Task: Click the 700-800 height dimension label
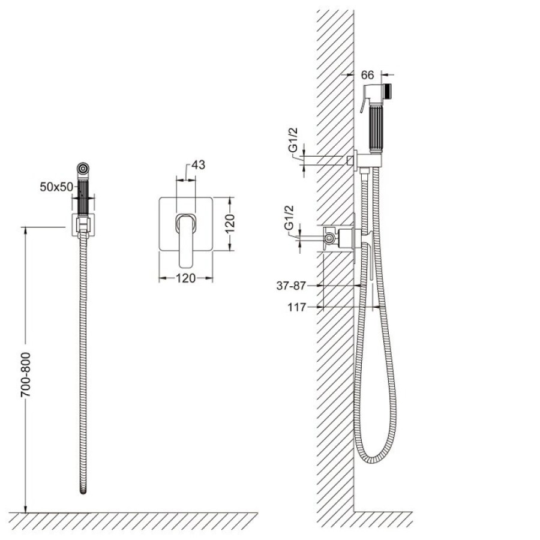click(x=26, y=374)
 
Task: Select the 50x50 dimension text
click(x=56, y=187)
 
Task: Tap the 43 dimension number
click(x=198, y=165)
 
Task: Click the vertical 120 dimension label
click(x=230, y=223)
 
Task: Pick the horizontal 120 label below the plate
click(x=185, y=278)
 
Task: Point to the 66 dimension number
click(x=368, y=75)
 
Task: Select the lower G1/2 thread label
click(x=289, y=218)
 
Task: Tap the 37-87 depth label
click(x=291, y=286)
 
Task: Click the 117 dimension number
click(x=297, y=307)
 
